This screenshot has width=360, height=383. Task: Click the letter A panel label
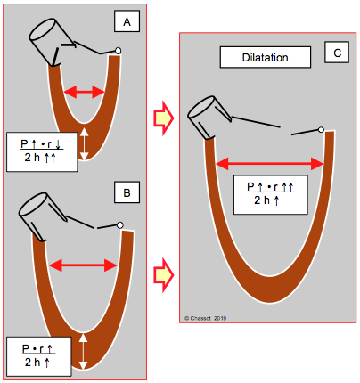coord(127,21)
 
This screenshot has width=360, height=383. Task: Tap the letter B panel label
coord(127,192)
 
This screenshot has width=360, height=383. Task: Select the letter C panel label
coord(337,53)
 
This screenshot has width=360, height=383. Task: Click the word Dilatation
coord(266,57)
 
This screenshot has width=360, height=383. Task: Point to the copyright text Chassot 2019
coord(206,318)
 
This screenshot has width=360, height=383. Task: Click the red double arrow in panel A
coord(85,92)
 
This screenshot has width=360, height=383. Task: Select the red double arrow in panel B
coord(83,265)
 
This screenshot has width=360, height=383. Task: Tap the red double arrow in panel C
coord(270,164)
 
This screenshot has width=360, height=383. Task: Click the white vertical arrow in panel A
coord(85,144)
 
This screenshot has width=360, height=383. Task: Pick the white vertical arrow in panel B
coord(84,352)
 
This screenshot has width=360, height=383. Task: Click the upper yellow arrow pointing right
coord(163,118)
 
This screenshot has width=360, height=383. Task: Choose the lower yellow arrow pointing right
coord(163,275)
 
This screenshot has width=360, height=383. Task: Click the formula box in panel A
coord(42,151)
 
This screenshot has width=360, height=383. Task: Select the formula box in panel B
coord(39,356)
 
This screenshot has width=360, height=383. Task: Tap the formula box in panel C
coord(270,195)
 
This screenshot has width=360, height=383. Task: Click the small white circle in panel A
coord(118,51)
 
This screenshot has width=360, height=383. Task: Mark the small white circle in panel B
coord(120,225)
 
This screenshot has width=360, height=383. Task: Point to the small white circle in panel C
coord(321,130)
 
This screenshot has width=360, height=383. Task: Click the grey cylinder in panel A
coord(51,41)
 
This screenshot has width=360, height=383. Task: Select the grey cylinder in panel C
coord(209,117)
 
